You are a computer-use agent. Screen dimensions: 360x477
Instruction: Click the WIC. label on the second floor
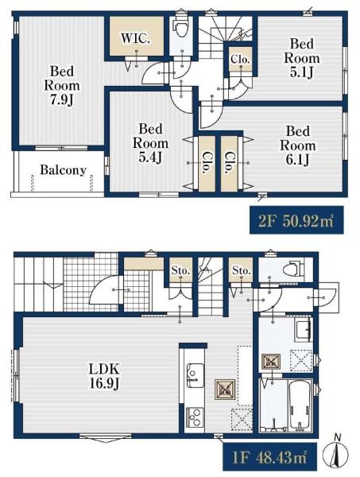[x=135, y=38]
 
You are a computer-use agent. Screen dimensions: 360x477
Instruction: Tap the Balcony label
[x=63, y=170]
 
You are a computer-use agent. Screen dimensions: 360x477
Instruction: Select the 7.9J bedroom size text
[x=62, y=100]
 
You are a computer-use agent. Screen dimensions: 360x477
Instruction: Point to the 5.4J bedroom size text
[x=150, y=157]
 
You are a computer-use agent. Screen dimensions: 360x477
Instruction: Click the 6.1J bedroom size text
[x=298, y=160]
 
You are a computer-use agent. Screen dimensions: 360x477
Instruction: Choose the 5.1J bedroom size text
[x=302, y=72]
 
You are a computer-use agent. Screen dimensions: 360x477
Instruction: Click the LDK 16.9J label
[x=104, y=377]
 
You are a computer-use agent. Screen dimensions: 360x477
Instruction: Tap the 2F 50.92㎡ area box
[x=296, y=220]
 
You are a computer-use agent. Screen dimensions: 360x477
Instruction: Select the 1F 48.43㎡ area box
[x=269, y=457]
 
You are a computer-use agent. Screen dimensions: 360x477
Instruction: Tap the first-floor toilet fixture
[x=294, y=269]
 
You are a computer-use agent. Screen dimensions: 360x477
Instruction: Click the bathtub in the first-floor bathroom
[x=300, y=405]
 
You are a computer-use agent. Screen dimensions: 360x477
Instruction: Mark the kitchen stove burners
[x=195, y=417]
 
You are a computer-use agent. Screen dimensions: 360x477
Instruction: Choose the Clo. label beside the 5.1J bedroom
[x=240, y=59]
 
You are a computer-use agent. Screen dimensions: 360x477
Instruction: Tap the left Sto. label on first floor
[x=180, y=270]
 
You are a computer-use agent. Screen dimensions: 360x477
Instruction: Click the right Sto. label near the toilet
[x=241, y=270]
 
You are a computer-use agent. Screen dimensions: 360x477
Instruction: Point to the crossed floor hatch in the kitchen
[x=225, y=390]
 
